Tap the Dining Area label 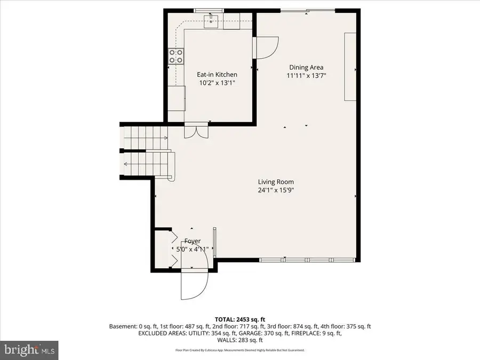coord(306,67)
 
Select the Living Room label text coord(275,182)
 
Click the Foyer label coord(193,241)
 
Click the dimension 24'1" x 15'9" coord(275,190)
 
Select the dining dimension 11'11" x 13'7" coord(306,76)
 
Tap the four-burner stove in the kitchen coord(176,57)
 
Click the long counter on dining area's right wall coord(351,66)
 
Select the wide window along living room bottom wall coord(308,260)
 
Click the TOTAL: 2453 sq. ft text coord(240,318)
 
